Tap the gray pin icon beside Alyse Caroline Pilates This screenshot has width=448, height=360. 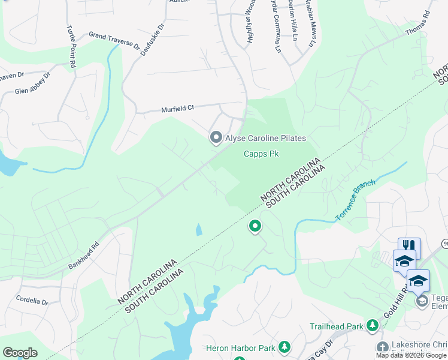(x=216, y=137)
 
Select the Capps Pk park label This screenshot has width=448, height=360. (x=261, y=154)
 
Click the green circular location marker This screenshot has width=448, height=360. (x=255, y=226)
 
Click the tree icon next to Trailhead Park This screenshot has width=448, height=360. (x=373, y=325)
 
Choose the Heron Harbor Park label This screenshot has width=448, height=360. (x=240, y=347)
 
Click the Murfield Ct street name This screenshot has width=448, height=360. (x=178, y=109)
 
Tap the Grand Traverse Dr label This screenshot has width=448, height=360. (x=114, y=40)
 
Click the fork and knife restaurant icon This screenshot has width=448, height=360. (x=409, y=245)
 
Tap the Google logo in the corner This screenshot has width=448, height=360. (x=19, y=352)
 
